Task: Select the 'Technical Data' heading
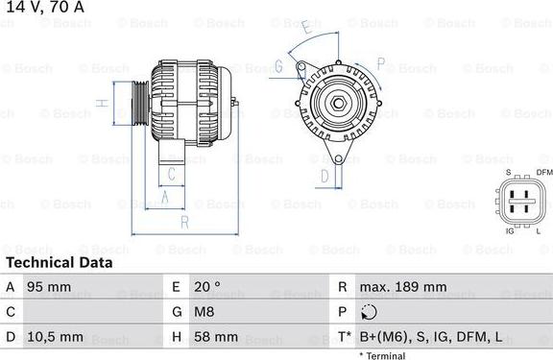(59, 262)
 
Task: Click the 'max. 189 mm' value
(402, 287)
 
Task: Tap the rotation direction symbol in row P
(370, 312)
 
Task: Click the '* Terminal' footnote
(382, 355)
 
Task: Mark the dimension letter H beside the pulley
(100, 103)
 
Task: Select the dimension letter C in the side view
(170, 174)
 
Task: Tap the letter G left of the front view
(278, 66)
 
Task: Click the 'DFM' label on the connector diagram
(544, 172)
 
